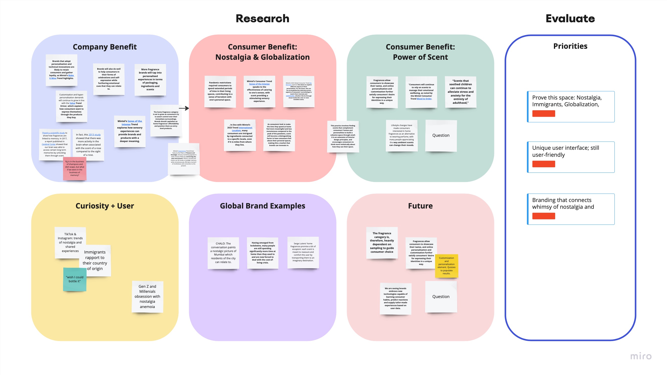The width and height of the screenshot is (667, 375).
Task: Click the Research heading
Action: click(x=262, y=19)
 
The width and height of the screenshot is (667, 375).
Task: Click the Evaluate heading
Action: click(x=570, y=19)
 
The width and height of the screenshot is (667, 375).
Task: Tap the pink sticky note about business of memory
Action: click(x=75, y=168)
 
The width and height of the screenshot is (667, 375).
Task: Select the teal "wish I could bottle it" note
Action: click(x=75, y=279)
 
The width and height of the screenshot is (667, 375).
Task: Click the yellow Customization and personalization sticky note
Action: click(x=446, y=265)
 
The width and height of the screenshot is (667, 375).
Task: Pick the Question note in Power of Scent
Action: click(x=441, y=135)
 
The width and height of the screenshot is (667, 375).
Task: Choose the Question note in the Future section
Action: click(x=441, y=296)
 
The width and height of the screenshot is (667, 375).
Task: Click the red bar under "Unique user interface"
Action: click(x=543, y=164)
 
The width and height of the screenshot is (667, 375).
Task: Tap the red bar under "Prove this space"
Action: click(x=543, y=113)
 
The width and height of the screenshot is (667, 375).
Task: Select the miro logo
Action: click(x=640, y=356)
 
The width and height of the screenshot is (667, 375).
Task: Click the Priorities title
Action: click(x=570, y=46)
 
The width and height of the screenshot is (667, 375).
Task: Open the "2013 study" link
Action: click(x=95, y=134)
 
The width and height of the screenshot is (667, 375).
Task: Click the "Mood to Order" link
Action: click(x=424, y=98)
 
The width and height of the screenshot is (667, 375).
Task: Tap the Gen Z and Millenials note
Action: click(x=147, y=296)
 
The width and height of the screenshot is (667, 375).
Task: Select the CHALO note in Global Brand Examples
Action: click(x=223, y=253)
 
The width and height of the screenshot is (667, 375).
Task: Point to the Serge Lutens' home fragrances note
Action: click(x=303, y=252)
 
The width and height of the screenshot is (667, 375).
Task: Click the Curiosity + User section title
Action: click(x=105, y=206)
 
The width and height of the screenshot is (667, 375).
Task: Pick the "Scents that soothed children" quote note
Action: click(x=460, y=92)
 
